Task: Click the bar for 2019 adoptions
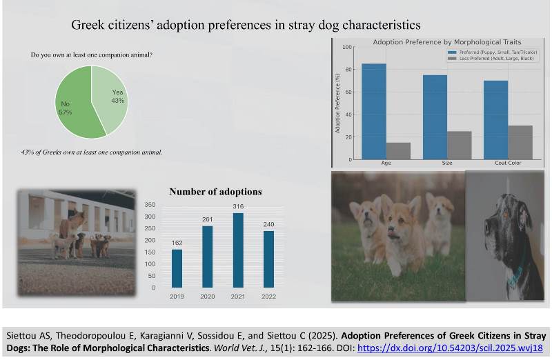(x=177, y=268)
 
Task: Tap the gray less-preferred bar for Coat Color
(x=520, y=143)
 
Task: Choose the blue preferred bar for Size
(x=435, y=117)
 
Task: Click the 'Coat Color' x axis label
(x=508, y=164)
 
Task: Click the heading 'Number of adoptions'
(x=215, y=192)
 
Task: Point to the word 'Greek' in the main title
(x=90, y=26)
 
